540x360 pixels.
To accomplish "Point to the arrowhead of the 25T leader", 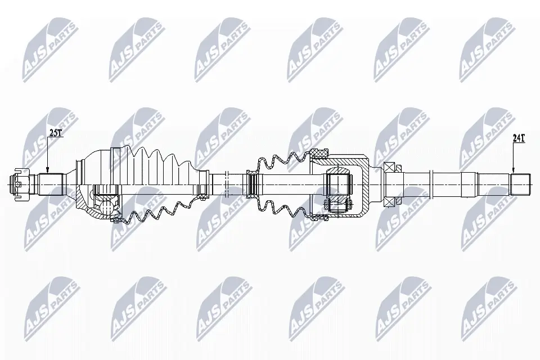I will pyautogui.click(x=47, y=172).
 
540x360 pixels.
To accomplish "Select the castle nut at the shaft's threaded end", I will pyautogui.click(x=19, y=183).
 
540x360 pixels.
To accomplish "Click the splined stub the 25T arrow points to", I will pyautogui.click(x=50, y=183).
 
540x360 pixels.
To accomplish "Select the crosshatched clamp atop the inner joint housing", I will pyautogui.click(x=320, y=152).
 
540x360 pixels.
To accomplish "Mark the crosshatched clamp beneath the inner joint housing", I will pyautogui.click(x=320, y=213).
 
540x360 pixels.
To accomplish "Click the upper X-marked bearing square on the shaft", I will pyautogui.click(x=389, y=167).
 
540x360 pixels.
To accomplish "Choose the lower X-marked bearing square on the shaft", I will pyautogui.click(x=389, y=200).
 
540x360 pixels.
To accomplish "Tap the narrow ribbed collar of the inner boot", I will pyautogui.click(x=253, y=183).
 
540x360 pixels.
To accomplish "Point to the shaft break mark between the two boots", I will pyautogui.click(x=226, y=183).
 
